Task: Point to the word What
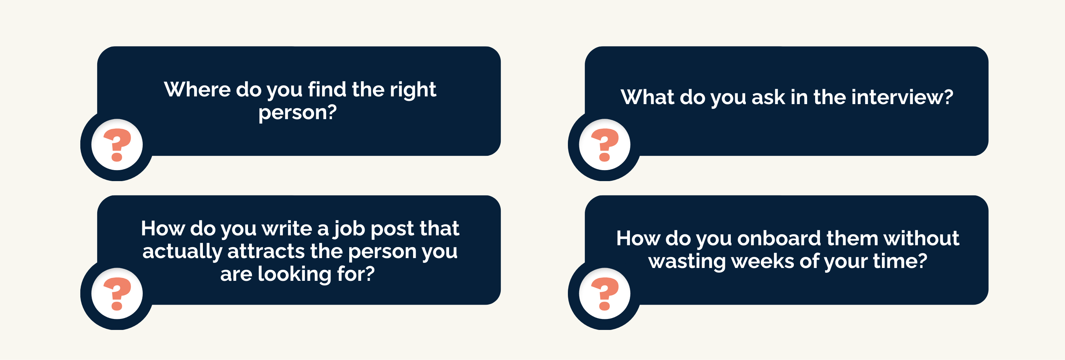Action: coord(648,97)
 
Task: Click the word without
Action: coord(921,239)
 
